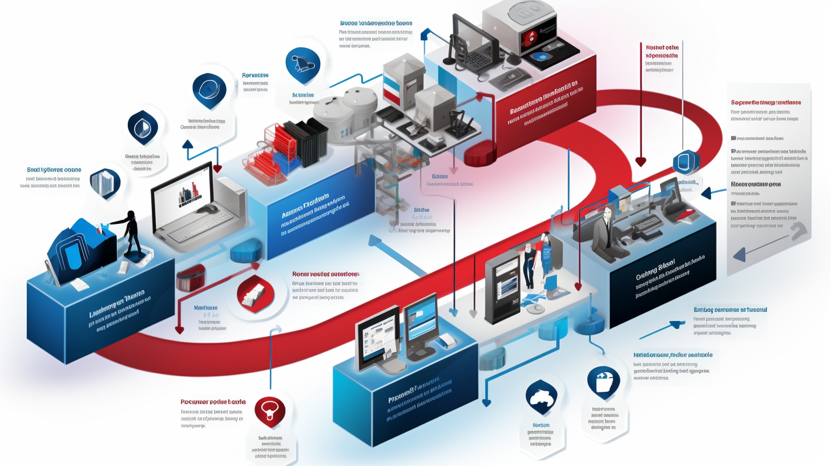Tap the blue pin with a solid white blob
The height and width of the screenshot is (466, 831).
click(x=541, y=394)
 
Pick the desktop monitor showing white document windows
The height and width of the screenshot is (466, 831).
click(x=377, y=338)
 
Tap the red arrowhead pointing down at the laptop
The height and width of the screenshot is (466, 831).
click(x=217, y=168)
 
